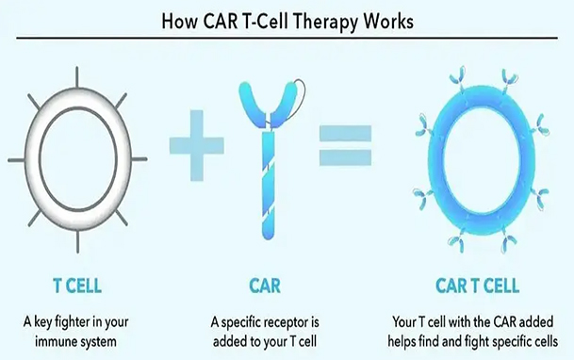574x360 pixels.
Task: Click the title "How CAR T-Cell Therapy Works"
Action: pos(287,17)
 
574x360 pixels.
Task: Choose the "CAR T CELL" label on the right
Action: pos(477,283)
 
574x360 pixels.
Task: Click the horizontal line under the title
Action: pos(287,38)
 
